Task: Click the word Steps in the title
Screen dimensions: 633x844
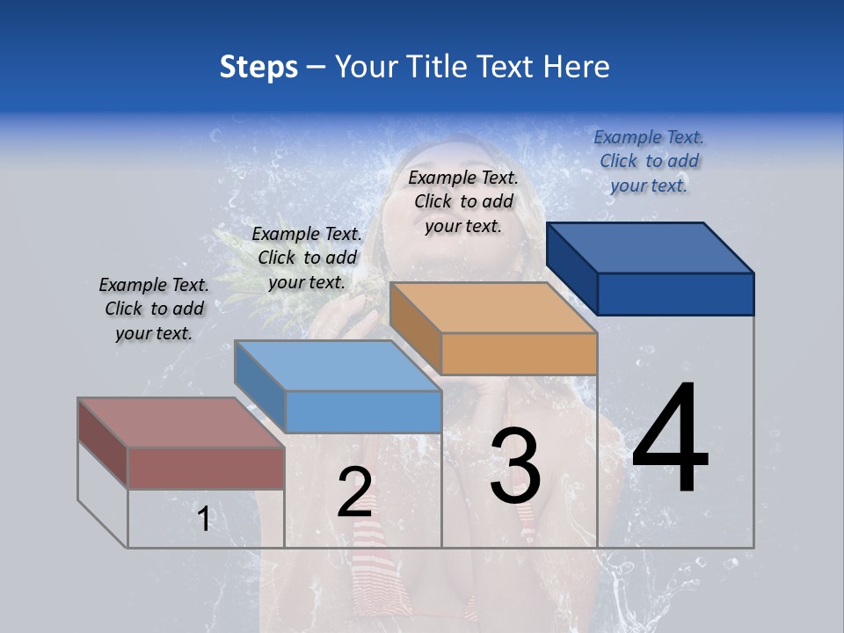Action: click(x=258, y=67)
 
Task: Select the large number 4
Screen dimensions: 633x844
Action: click(x=671, y=440)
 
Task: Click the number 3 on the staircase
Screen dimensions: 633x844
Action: click(x=514, y=466)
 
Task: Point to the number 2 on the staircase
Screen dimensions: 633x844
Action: click(x=354, y=492)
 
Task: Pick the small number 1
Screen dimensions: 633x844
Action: click(x=204, y=520)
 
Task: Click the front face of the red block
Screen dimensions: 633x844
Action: click(x=206, y=468)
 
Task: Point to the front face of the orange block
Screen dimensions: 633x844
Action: click(x=519, y=353)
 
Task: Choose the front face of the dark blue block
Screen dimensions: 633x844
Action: click(x=675, y=294)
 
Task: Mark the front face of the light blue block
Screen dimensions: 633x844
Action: click(x=363, y=411)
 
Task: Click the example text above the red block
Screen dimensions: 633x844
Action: click(x=154, y=309)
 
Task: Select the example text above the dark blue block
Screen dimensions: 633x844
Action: click(x=649, y=161)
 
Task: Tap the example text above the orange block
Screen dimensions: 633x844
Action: click(x=463, y=201)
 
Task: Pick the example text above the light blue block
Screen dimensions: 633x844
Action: click(x=307, y=258)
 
